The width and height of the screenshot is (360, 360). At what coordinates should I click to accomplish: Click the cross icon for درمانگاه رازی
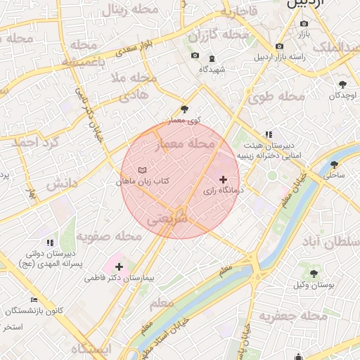coord(224,180)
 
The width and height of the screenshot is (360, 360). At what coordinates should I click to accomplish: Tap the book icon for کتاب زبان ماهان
coord(143,171)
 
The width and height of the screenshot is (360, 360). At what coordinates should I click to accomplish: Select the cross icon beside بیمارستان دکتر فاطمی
coord(119,266)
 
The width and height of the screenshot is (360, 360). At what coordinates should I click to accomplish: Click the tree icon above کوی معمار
coord(185,109)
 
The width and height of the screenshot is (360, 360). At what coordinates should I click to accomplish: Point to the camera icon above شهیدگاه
coord(195,56)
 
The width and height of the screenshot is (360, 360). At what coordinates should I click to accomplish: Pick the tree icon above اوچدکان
coord(342,84)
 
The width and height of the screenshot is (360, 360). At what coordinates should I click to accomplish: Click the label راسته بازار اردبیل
coord(285,57)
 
